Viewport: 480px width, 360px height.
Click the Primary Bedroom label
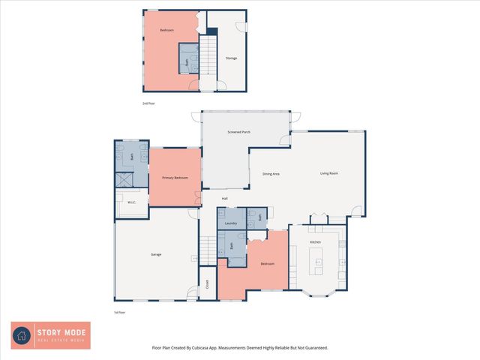(175, 178)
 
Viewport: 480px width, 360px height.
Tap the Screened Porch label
(238, 132)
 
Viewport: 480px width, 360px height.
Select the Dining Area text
(271, 174)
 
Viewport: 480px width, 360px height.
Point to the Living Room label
(329, 173)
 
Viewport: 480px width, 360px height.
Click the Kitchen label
(316, 242)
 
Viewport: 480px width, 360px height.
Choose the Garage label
(156, 255)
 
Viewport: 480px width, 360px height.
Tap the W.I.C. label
(131, 202)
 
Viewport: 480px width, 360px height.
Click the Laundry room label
(231, 223)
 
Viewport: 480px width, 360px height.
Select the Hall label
(224, 198)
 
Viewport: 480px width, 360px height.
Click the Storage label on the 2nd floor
(232, 58)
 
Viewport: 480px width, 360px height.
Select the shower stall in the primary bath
(123, 180)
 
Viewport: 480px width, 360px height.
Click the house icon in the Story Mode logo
(22, 335)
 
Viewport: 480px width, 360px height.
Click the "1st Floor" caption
(119, 311)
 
